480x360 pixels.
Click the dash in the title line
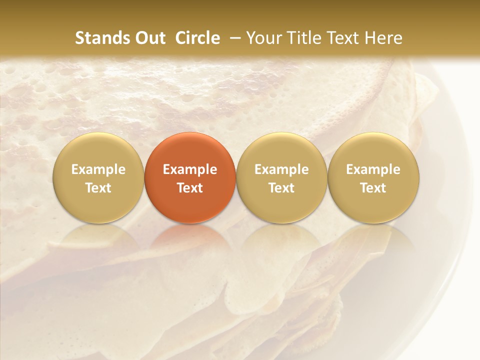233,38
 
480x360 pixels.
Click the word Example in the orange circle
190,169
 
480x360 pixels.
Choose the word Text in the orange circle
190,188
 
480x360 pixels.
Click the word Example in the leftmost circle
98,169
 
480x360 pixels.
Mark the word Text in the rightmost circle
373,188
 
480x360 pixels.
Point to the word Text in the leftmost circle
98,188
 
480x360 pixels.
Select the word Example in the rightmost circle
373,169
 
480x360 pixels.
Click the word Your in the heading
263,38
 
